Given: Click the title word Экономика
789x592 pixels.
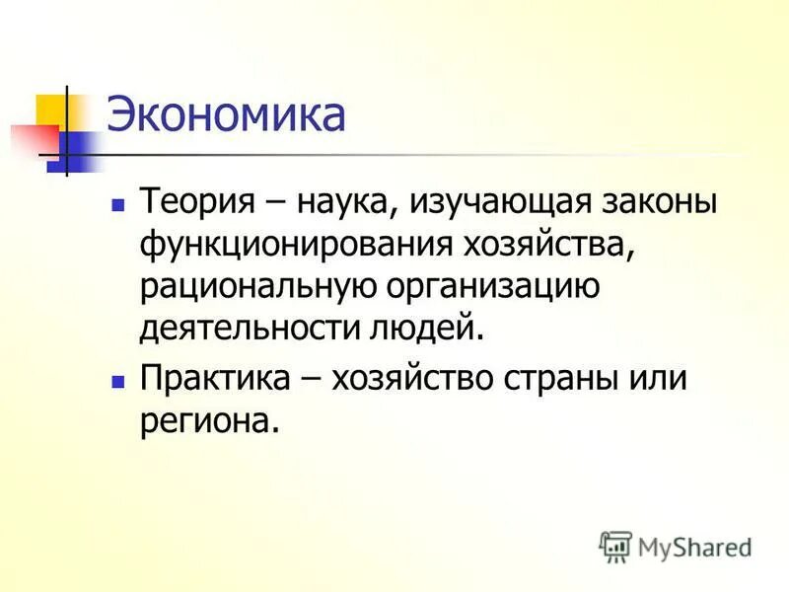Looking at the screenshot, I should coord(226,115).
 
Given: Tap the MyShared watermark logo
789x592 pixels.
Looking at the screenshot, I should coord(677,546).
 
